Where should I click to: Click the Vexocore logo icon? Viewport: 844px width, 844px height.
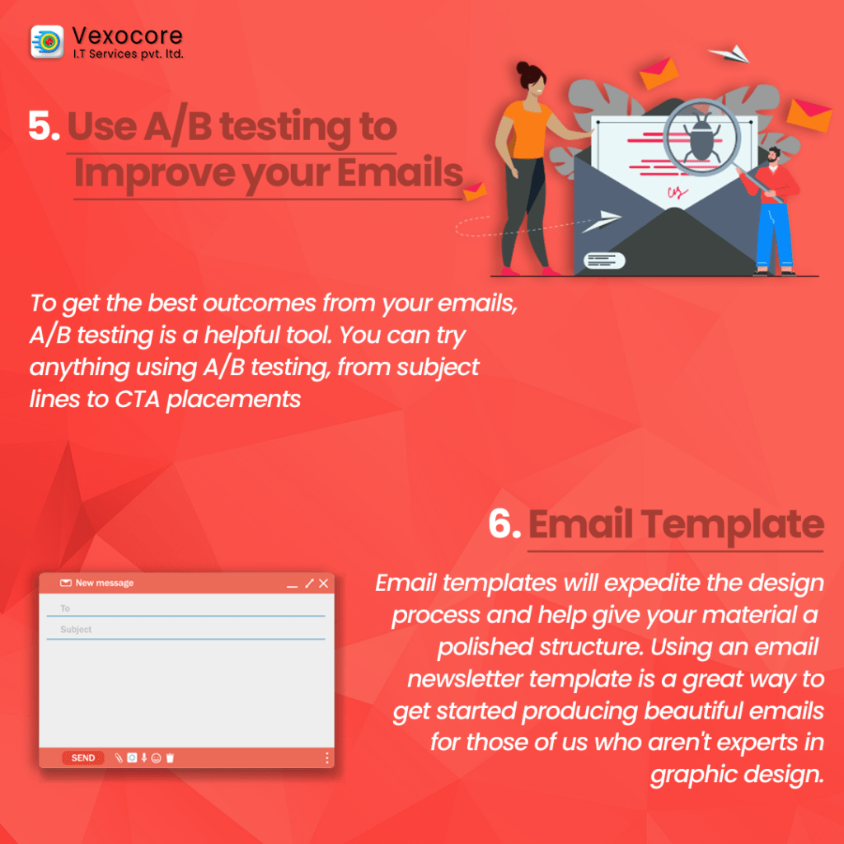[47, 41]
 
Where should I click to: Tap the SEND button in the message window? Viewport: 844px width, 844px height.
[83, 758]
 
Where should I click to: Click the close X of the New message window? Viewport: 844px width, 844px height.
[323, 584]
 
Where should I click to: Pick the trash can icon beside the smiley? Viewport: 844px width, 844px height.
[170, 758]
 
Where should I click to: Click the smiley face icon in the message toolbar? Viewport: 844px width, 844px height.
[156, 758]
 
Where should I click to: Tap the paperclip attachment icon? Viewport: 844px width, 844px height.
[119, 758]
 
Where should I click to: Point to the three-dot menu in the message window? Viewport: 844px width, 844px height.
[326, 758]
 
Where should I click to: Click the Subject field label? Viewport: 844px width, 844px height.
[76, 629]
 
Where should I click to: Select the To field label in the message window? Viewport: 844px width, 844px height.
[65, 608]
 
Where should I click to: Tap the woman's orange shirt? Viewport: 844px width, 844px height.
[526, 129]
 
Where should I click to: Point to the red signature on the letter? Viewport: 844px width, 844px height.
[678, 192]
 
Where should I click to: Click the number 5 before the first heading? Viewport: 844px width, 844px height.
[43, 126]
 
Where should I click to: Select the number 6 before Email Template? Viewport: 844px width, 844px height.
[504, 523]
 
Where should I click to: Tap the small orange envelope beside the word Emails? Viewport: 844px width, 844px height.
[474, 191]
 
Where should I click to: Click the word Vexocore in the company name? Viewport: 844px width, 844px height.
[127, 35]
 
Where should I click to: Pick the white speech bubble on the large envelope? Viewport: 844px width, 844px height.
[604, 260]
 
